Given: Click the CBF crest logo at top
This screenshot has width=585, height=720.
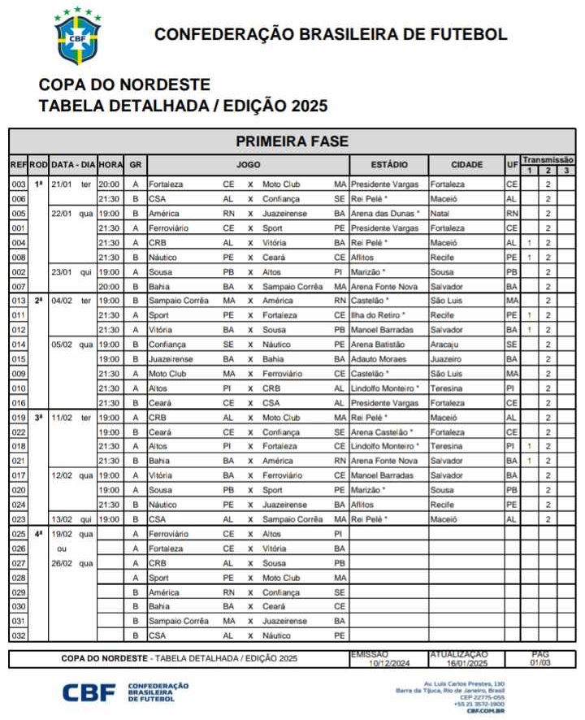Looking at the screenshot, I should [78, 36].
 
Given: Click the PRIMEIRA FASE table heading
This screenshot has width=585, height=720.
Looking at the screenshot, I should [292, 141].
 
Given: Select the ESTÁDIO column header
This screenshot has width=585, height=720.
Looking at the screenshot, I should [388, 165].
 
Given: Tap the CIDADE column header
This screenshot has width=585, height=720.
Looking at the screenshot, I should [466, 165].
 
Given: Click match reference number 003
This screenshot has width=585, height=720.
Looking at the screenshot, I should [18, 184].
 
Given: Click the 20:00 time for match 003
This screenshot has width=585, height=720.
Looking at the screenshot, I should [109, 184].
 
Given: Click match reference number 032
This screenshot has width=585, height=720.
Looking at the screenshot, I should [18, 635].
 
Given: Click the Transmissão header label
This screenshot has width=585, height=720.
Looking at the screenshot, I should [548, 160].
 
